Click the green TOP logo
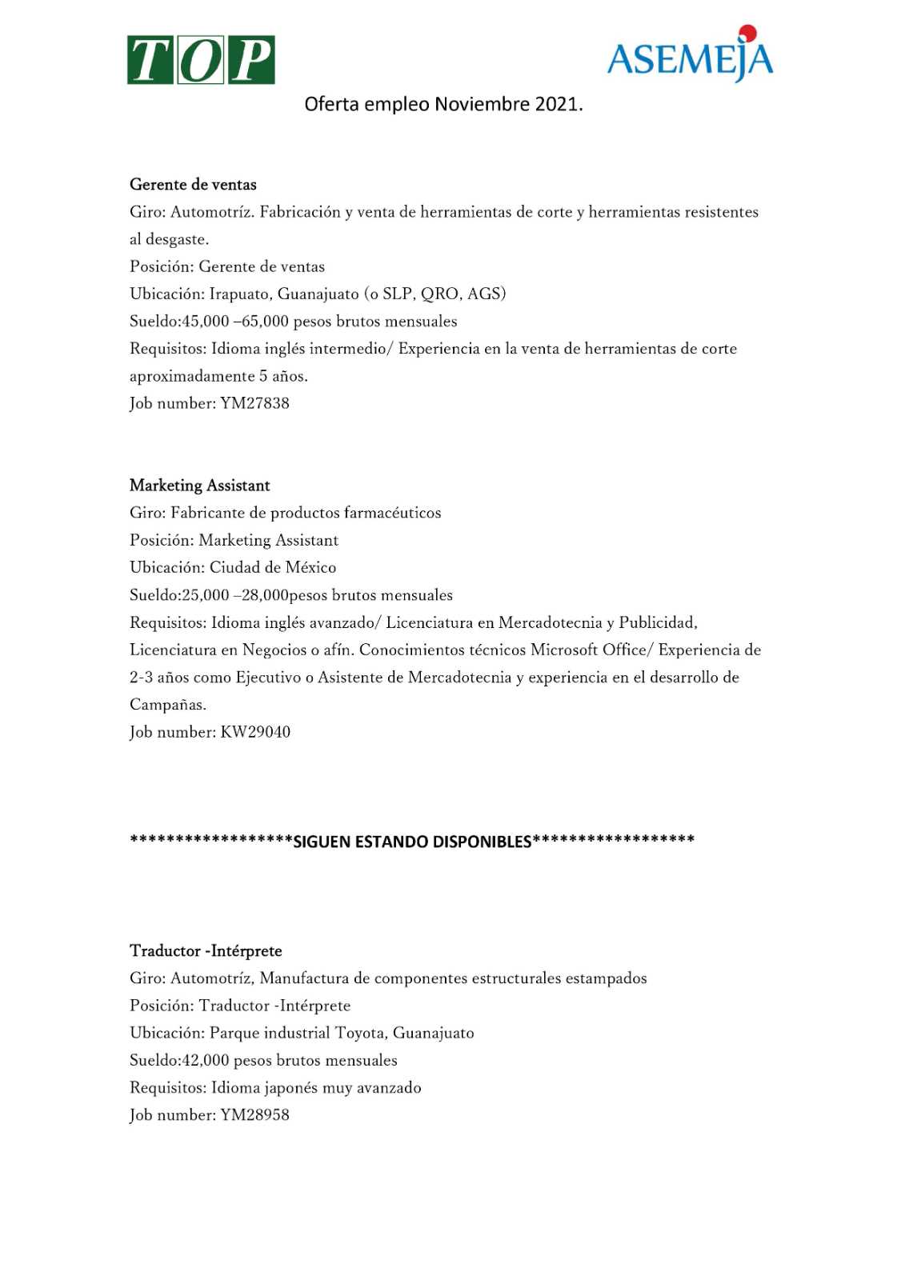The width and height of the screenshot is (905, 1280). tap(201, 60)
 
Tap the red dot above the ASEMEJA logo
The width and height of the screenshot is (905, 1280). tap(748, 34)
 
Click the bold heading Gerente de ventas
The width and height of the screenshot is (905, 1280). tap(193, 185)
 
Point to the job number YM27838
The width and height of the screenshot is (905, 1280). tap(254, 403)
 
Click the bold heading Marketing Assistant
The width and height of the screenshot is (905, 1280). tap(199, 486)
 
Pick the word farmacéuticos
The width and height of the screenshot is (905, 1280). tap(392, 513)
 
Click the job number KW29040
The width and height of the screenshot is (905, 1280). tap(255, 732)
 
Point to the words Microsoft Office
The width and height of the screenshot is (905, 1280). tap(588, 650)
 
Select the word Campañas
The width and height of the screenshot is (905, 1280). tap(167, 705)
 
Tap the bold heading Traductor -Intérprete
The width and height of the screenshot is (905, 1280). tap(206, 951)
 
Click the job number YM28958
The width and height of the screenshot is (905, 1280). tap(254, 1115)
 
